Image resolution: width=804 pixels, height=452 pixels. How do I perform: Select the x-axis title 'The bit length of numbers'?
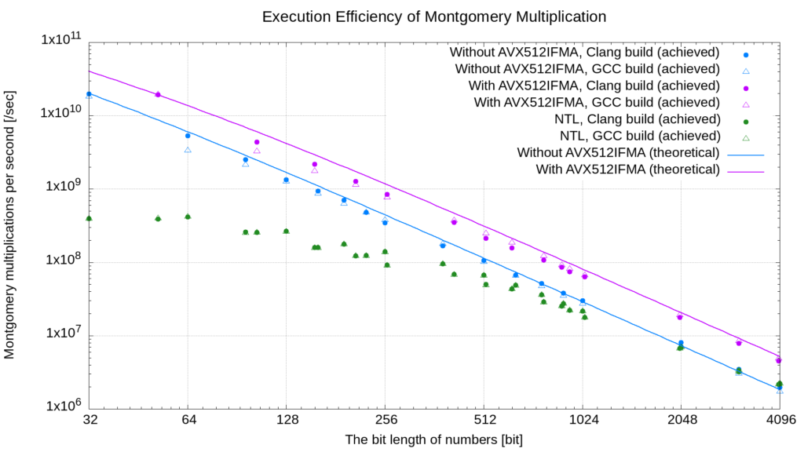pyautogui.click(x=433, y=439)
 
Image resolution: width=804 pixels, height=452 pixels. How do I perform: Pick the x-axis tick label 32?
pyautogui.click(x=89, y=420)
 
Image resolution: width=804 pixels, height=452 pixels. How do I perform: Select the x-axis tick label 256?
pyautogui.click(x=385, y=420)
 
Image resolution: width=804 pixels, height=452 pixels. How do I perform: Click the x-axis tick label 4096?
pyautogui.click(x=779, y=420)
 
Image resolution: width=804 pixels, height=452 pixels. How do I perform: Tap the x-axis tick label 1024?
pyautogui.click(x=582, y=420)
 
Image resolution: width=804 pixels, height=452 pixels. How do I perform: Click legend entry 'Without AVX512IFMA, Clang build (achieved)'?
pyautogui.click(x=584, y=53)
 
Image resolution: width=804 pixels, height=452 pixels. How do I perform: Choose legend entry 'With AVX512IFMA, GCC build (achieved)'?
pyautogui.click(x=597, y=102)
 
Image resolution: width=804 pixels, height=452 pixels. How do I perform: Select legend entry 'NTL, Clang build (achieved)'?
pyautogui.click(x=637, y=119)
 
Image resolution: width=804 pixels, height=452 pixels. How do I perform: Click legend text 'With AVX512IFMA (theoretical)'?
pyautogui.click(x=628, y=169)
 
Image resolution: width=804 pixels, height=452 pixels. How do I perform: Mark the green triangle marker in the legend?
pyautogui.click(x=747, y=136)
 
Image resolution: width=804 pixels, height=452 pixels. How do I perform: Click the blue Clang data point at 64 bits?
pyautogui.click(x=188, y=136)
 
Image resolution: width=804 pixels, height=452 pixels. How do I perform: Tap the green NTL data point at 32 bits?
pyautogui.click(x=89, y=218)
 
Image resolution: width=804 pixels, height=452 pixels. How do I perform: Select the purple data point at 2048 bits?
pyautogui.click(x=680, y=316)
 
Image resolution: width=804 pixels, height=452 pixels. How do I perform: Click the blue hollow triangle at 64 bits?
pyautogui.click(x=188, y=150)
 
